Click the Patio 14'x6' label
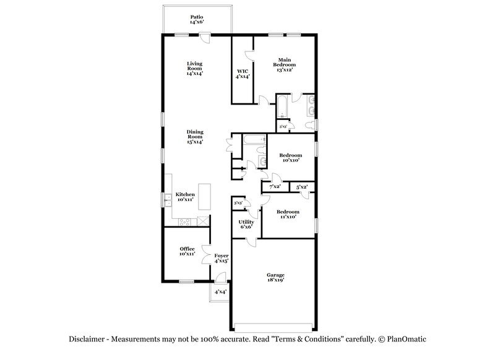(x=196, y=19)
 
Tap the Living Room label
(x=195, y=68)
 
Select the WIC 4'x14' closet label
(x=243, y=74)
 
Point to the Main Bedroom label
(x=285, y=64)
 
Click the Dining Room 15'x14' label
(x=195, y=136)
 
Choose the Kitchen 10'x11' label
(x=185, y=197)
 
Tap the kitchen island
(x=204, y=197)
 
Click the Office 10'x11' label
(x=187, y=251)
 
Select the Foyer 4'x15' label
(x=221, y=258)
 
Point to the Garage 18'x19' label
(x=275, y=277)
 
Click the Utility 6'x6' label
(x=246, y=224)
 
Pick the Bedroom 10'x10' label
(x=290, y=157)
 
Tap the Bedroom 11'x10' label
(x=288, y=214)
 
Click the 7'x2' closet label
(x=275, y=186)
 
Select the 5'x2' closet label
(x=301, y=186)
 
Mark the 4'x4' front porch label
(x=220, y=291)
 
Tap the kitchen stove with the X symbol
(x=203, y=221)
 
